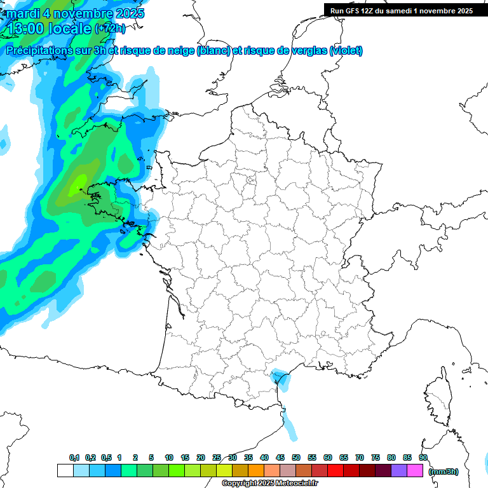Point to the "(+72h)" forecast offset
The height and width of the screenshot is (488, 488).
pos(110,28)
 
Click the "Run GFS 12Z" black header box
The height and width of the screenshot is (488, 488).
pos(402,10)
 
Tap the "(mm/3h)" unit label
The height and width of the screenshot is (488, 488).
pos(444,471)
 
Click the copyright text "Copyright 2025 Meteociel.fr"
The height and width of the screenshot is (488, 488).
pos(269,484)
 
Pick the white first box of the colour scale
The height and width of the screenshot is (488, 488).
pos(65,471)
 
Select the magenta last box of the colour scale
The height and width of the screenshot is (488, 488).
pos(416,471)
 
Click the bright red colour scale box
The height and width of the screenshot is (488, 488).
pos(335,471)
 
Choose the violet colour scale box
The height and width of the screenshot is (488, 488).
pos(399,471)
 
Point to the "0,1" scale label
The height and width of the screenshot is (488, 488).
pos(74,457)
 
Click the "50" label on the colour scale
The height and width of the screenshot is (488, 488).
pos(296,457)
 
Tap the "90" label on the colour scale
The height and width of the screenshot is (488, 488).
pos(423,457)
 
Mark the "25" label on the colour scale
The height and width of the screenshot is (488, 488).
pos(217,457)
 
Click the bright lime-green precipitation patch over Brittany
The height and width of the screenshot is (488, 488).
pos(77,184)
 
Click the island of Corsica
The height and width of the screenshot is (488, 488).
pos(438,400)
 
